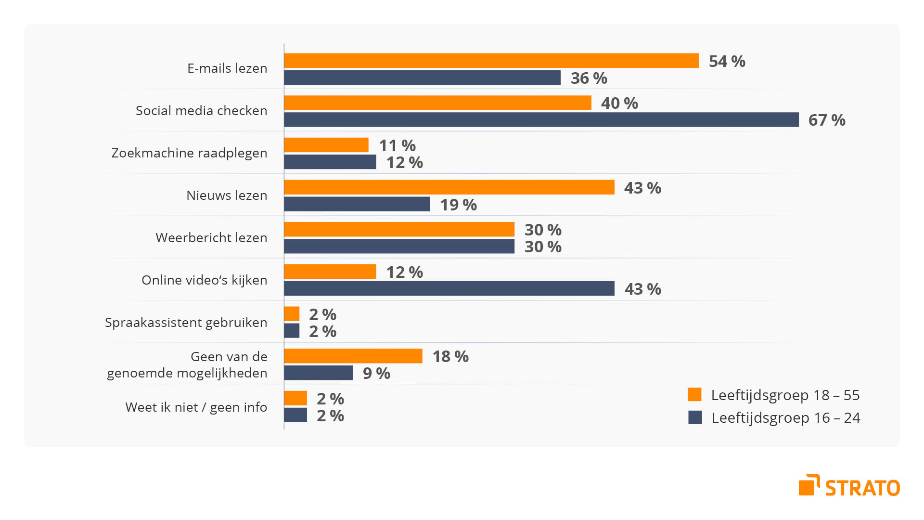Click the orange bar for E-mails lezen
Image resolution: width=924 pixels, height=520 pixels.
(491, 61)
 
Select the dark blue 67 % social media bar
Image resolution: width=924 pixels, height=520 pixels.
(541, 120)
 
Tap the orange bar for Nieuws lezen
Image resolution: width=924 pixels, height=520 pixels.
(449, 187)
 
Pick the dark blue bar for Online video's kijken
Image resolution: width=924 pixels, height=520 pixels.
(449, 288)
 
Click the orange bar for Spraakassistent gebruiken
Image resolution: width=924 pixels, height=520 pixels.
(292, 314)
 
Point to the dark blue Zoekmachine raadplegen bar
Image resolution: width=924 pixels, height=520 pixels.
(330, 162)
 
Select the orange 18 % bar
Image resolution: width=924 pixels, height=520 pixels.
(353, 356)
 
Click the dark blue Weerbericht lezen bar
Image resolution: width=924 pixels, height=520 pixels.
(399, 246)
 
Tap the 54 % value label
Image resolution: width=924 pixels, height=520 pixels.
(727, 61)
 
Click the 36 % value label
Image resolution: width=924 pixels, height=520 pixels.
(589, 78)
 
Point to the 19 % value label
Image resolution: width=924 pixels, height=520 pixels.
(458, 205)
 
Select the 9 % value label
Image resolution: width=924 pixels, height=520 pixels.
(376, 373)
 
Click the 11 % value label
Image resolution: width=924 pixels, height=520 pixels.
(397, 145)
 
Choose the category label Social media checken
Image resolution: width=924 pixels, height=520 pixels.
(201, 111)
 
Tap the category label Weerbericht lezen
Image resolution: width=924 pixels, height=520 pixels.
(211, 238)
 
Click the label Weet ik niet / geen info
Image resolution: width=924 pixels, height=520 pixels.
(196, 407)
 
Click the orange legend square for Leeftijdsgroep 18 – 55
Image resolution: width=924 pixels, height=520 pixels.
(694, 394)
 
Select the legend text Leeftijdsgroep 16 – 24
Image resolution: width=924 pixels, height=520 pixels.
(785, 418)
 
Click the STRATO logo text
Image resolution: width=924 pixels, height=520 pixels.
(862, 488)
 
